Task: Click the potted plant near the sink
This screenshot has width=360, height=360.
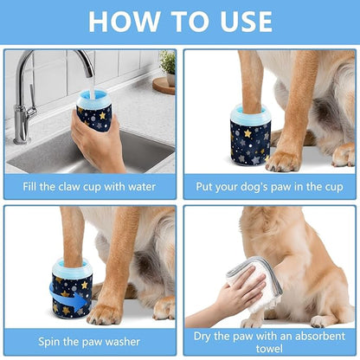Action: pyautogui.click(x=166, y=64)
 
